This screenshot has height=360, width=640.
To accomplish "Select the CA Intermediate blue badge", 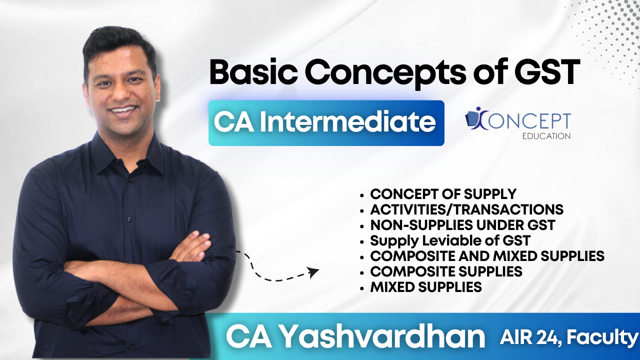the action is point(326,123).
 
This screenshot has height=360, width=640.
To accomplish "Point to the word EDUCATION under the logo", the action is point(546,136).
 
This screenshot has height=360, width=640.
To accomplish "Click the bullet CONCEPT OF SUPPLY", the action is point(443,194).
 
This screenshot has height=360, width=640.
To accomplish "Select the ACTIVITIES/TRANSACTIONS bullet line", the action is point(466,209).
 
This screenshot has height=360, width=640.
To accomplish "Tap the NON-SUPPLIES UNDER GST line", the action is point(462,225).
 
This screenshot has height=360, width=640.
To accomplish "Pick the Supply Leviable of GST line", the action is point(450,240).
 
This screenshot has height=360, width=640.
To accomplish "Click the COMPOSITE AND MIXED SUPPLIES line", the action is point(487,256).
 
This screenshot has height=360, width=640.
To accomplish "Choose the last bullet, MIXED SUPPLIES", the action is point(425,287).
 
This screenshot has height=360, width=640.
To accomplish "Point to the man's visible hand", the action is point(190,246).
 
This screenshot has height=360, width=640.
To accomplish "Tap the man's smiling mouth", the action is point(123,110).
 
